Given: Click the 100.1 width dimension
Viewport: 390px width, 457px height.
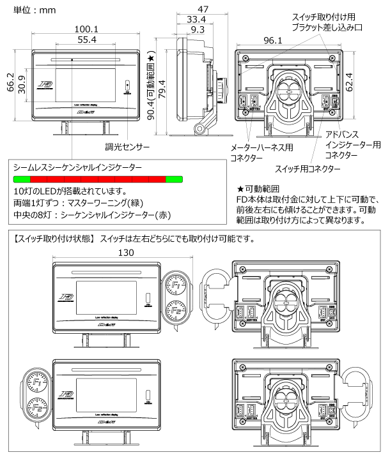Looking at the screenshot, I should (x=86, y=29).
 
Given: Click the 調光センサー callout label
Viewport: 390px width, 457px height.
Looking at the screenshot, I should (x=128, y=147).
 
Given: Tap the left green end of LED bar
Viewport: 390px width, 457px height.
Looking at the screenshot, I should (x=21, y=179).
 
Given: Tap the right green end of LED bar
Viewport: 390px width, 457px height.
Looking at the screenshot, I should (x=174, y=179).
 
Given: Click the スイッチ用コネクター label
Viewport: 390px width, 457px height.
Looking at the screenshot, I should (x=307, y=169).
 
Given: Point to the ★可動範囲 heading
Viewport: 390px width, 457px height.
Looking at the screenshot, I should (x=258, y=190).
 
